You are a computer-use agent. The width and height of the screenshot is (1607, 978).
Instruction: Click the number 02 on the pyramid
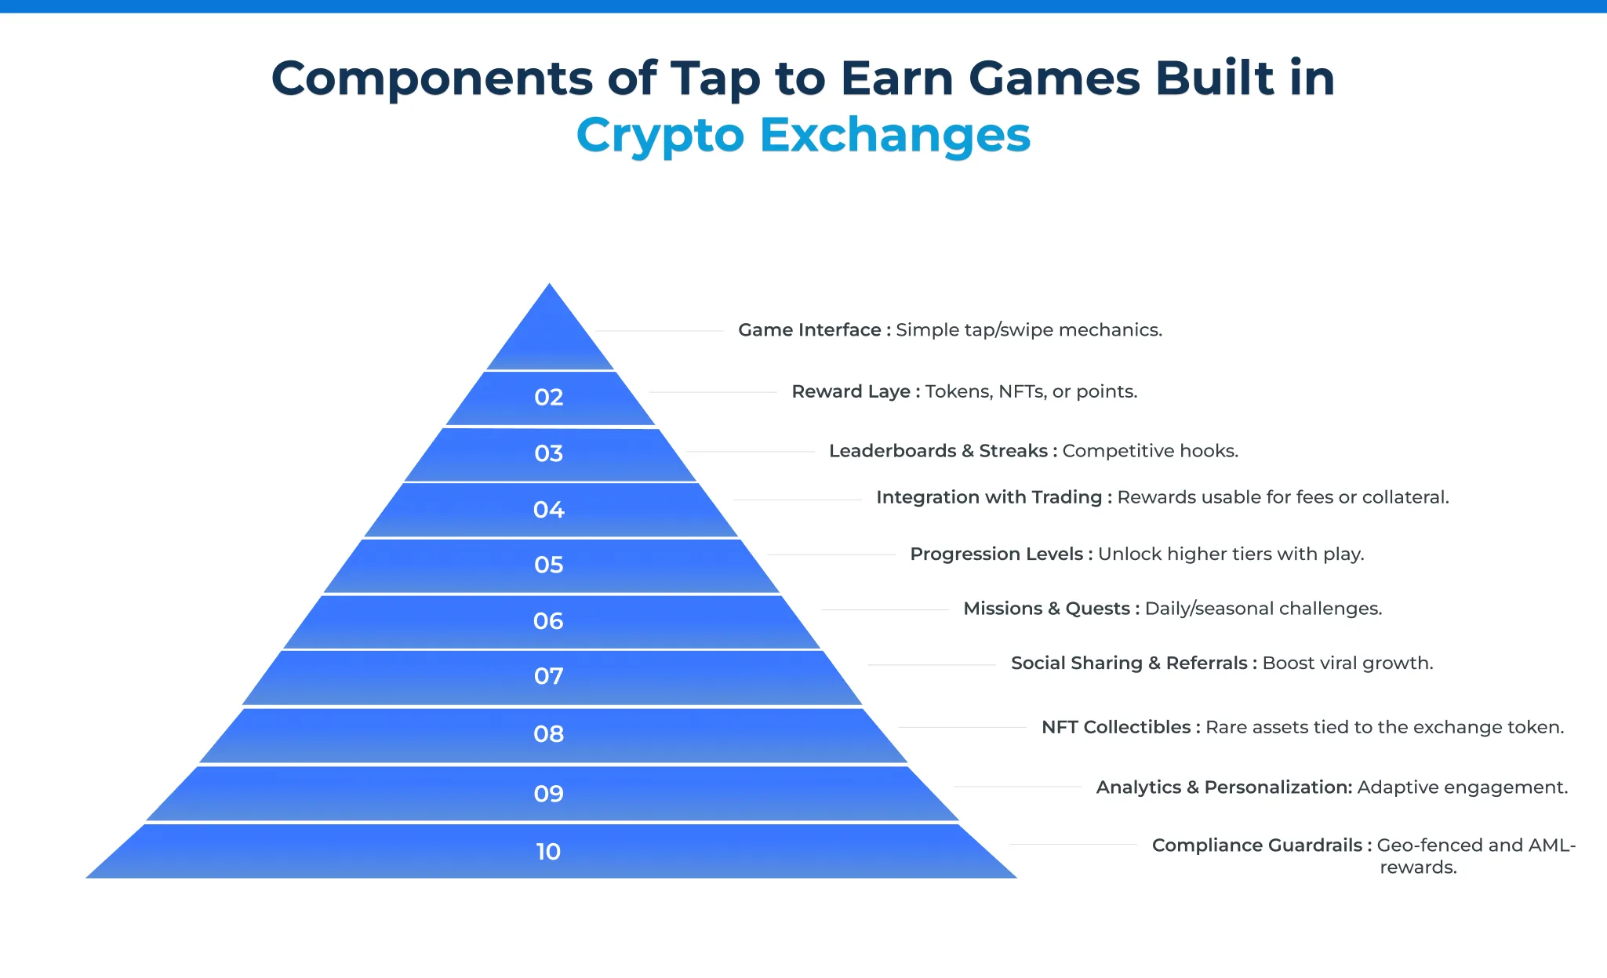point(548,397)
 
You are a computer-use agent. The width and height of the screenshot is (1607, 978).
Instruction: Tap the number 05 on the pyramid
point(548,565)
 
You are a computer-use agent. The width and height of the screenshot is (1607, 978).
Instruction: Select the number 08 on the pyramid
point(548,734)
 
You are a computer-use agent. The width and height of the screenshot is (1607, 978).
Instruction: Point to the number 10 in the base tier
point(548,852)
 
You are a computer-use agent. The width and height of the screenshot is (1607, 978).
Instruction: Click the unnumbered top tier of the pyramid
point(550,337)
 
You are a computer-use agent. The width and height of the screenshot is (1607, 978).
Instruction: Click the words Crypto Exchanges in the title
point(803,135)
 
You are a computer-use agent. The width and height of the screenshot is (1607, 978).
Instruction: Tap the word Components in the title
point(432,78)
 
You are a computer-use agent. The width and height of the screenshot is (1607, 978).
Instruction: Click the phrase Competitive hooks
point(1151,451)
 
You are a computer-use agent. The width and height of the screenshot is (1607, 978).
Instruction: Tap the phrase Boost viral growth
point(1347,664)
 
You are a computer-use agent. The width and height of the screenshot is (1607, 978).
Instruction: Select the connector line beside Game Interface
point(659,331)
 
